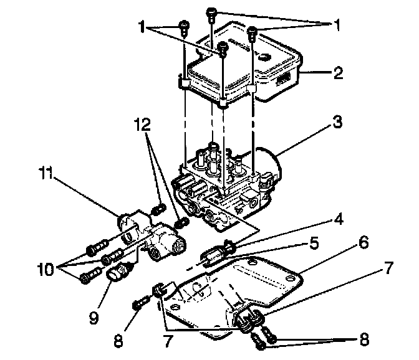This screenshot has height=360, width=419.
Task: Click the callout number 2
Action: tap(337, 74)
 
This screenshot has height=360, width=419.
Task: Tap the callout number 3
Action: tap(337, 123)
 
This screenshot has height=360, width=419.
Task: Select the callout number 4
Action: tap(337, 220)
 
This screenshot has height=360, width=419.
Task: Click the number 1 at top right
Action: tap(337, 26)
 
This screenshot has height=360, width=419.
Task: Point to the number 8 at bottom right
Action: tap(363, 340)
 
